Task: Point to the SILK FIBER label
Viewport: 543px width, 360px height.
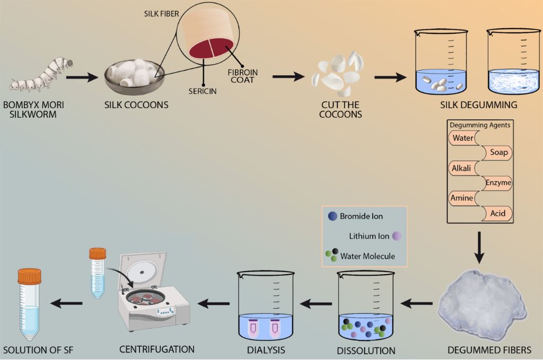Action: pyautogui.click(x=162, y=13)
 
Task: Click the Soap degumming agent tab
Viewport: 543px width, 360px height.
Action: pyautogui.click(x=498, y=153)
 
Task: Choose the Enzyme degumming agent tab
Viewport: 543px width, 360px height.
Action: pyautogui.click(x=498, y=183)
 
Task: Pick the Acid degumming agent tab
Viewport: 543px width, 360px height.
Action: pyautogui.click(x=498, y=214)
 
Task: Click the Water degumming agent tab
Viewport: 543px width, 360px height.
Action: pyautogui.click(x=462, y=138)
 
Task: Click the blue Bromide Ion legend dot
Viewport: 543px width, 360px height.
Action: pyautogui.click(x=332, y=216)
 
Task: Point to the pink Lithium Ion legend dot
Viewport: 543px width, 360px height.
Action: pyautogui.click(x=397, y=236)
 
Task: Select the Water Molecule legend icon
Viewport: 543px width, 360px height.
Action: pyautogui.click(x=331, y=256)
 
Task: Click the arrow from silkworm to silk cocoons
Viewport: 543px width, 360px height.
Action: pyautogui.click(x=83, y=78)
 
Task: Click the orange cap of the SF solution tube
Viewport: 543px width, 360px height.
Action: pyautogui.click(x=29, y=276)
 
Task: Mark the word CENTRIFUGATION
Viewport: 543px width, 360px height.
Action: pyautogui.click(x=157, y=349)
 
